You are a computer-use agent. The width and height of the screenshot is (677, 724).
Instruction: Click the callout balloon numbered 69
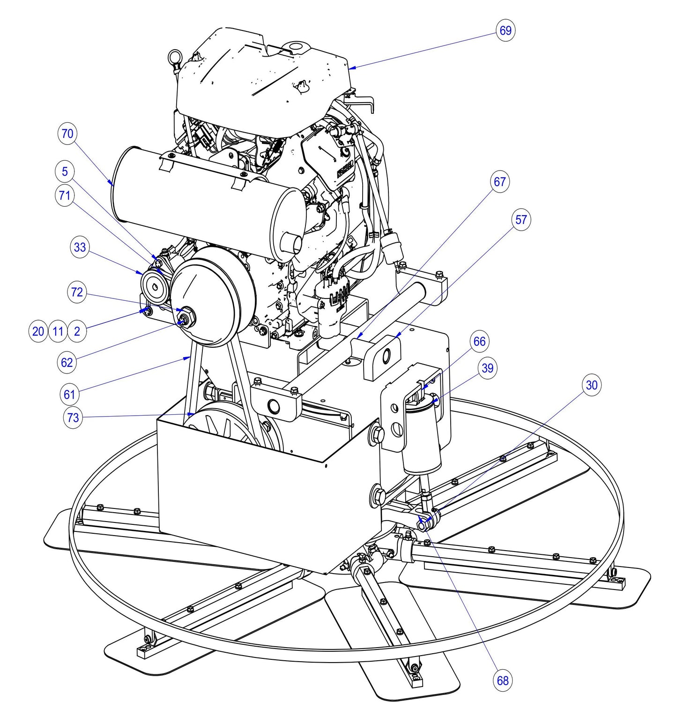[506, 30]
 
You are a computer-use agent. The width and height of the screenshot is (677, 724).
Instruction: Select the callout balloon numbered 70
[67, 134]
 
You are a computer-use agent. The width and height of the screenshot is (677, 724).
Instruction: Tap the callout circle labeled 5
[65, 172]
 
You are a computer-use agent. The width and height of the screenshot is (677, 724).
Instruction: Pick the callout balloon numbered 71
[65, 194]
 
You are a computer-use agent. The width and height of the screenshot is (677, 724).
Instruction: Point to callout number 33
[80, 247]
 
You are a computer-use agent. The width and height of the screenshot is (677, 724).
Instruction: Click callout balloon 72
[77, 292]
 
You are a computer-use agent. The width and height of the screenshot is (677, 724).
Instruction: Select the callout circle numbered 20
[38, 332]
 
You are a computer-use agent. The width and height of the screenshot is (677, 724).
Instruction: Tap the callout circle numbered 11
[58, 332]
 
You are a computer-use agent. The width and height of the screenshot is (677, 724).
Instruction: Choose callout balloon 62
[67, 362]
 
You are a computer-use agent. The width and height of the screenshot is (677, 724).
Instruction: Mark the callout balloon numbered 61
[69, 395]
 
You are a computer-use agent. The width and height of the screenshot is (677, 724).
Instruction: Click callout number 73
[73, 417]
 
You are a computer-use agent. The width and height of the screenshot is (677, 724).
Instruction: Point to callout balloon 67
[500, 181]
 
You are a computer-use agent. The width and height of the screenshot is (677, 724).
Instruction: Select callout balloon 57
[521, 220]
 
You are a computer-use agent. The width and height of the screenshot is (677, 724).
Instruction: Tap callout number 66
[479, 341]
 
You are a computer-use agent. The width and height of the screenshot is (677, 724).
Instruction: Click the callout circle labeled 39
[488, 368]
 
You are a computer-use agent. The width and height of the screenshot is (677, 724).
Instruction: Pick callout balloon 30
[592, 385]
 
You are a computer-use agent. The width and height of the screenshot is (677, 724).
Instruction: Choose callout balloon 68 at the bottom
[503, 680]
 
